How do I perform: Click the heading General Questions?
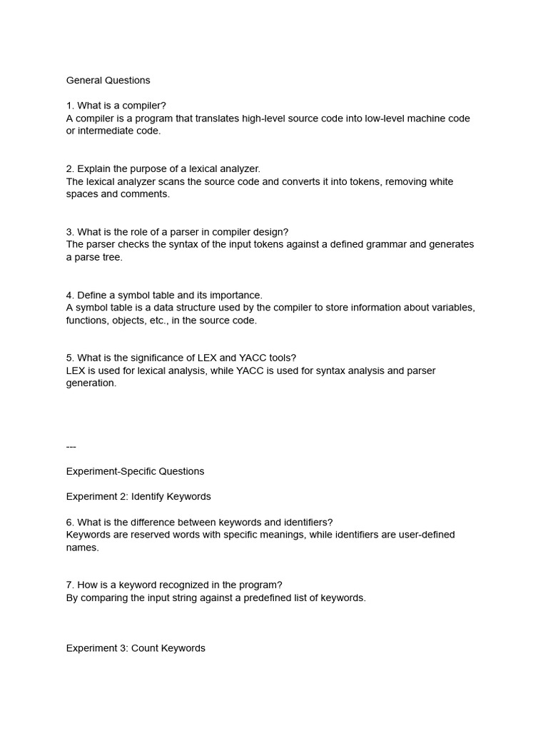pos(108,81)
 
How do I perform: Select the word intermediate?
pos(107,131)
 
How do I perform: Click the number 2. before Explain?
pos(70,169)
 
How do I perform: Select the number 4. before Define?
pos(70,295)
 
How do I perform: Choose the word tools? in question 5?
pos(282,358)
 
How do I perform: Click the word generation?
pos(91,383)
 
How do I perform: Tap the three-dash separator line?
pos(71,447)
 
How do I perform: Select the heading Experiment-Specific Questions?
pos(135,472)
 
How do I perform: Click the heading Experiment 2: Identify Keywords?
pos(138,497)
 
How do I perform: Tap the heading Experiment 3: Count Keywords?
pos(136,649)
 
